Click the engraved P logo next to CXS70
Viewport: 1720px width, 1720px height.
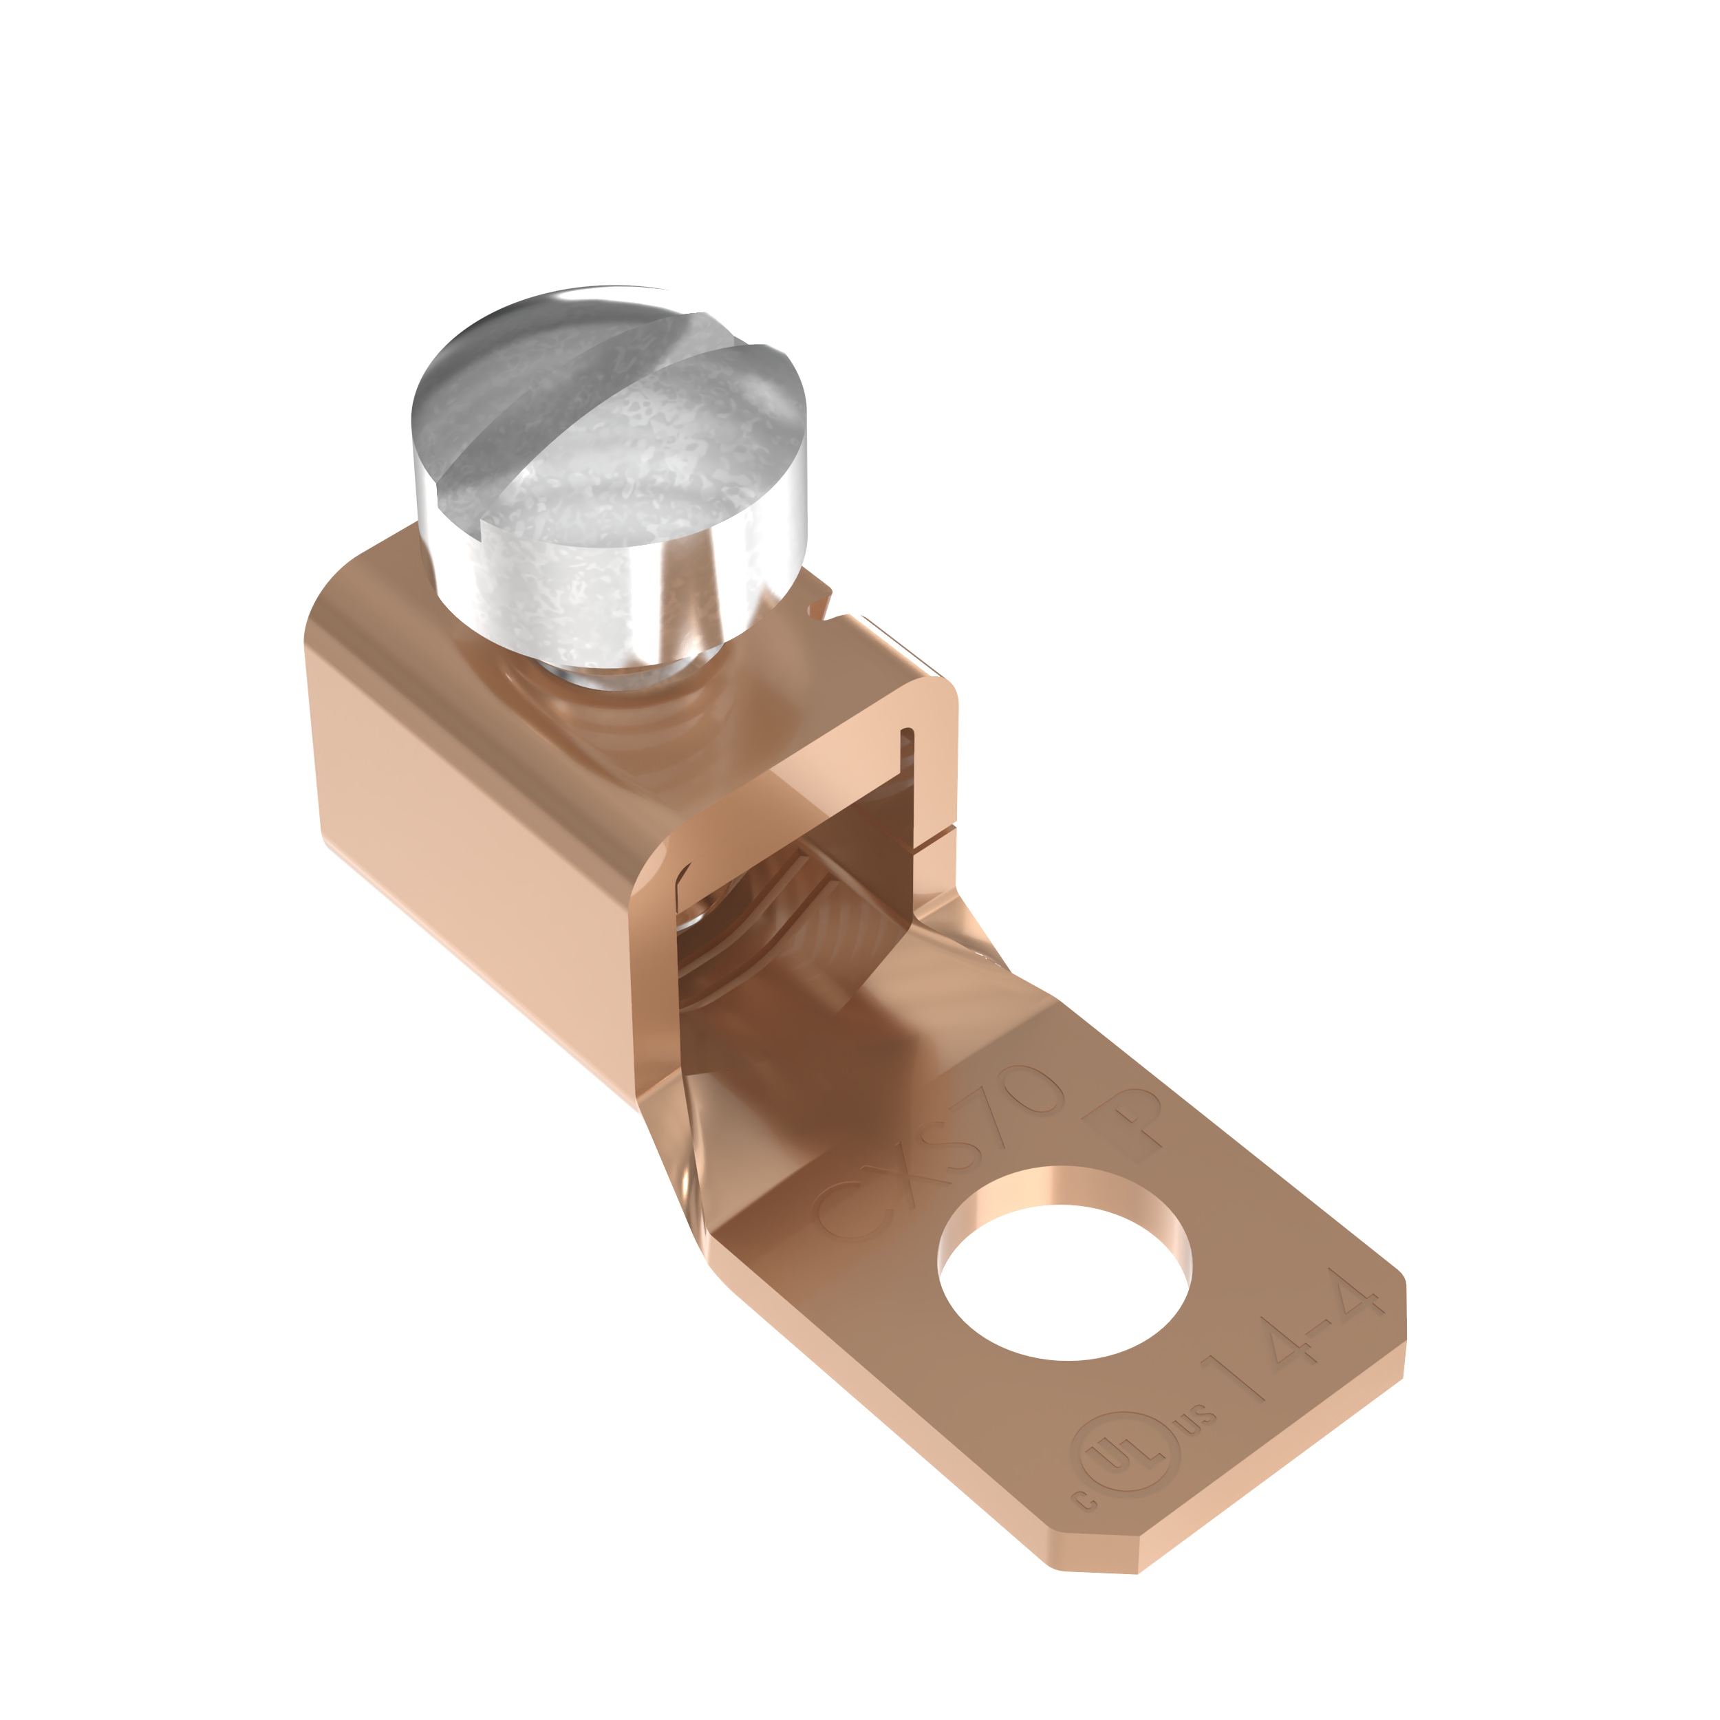[1130, 1126]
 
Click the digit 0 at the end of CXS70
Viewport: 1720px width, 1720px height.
[1038, 1091]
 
